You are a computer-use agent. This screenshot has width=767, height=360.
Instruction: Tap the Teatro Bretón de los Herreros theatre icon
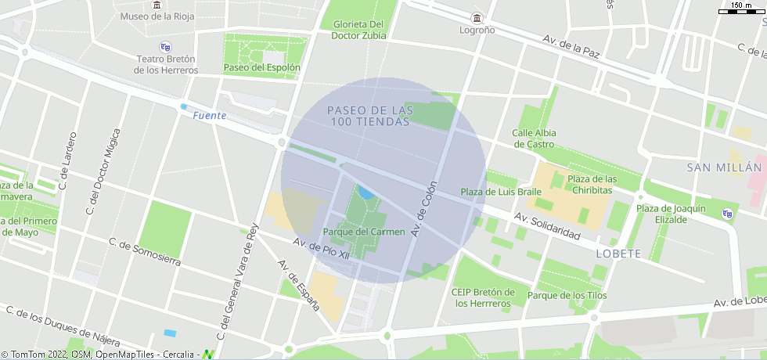[164, 47]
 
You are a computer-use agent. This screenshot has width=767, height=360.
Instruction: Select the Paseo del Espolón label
[261, 67]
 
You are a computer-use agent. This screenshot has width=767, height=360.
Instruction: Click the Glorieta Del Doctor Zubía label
[358, 30]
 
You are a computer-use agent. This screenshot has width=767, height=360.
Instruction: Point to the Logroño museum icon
[477, 17]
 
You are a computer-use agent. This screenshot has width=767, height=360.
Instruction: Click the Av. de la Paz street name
[571, 46]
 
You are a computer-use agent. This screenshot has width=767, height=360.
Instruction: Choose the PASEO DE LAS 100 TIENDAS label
[370, 117]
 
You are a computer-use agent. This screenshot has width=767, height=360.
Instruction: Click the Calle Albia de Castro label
[534, 139]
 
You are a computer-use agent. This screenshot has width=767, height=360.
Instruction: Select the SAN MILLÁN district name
[724, 167]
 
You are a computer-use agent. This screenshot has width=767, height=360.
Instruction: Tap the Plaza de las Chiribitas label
[592, 185]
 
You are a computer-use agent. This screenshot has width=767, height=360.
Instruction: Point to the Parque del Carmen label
[364, 232]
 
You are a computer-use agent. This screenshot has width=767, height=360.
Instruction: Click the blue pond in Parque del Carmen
[365, 193]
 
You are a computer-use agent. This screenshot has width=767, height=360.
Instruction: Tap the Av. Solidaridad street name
[547, 226]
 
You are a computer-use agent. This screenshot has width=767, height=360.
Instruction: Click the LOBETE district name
[618, 254]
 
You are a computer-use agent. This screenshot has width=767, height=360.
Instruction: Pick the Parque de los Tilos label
[567, 295]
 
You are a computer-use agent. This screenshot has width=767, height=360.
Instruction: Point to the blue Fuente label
[209, 116]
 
